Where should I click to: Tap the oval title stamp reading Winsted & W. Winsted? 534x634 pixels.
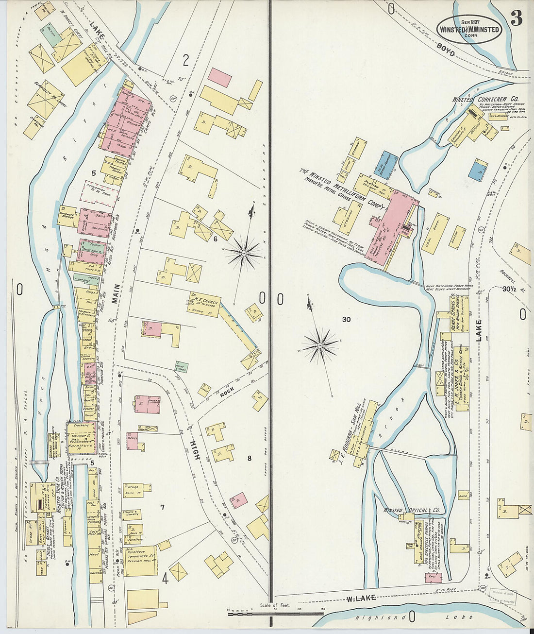469,29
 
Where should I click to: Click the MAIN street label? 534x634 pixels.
116,294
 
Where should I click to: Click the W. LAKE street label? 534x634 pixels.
362,598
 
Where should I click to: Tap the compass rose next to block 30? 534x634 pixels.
320,345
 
